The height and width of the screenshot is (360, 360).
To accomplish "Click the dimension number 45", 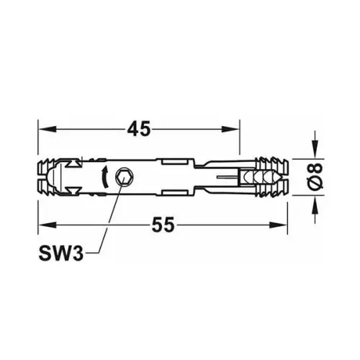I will click(x=138, y=130).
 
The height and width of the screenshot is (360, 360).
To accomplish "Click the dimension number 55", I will click(x=163, y=225).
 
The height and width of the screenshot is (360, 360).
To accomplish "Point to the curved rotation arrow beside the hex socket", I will click(x=105, y=176).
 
